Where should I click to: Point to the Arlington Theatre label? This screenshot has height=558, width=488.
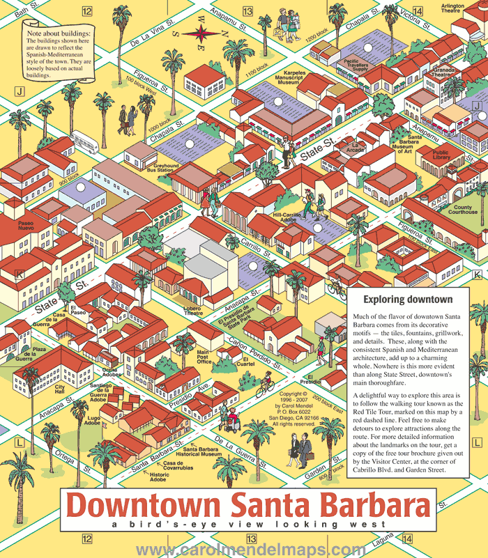point(452,8)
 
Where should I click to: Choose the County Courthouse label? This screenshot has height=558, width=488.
point(464,210)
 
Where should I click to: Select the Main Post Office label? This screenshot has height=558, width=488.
point(204,357)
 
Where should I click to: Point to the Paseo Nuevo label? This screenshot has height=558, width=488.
point(25,227)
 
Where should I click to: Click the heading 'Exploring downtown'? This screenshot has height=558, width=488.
point(408,300)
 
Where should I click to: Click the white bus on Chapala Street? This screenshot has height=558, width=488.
point(83,140)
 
